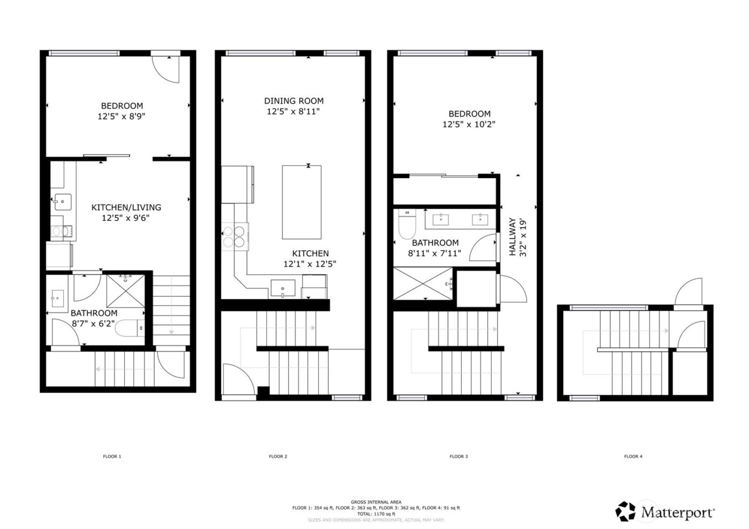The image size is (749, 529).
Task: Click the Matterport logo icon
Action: click(625, 511)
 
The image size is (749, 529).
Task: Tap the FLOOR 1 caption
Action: click(112, 457)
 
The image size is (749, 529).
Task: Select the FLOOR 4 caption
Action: click(633, 457)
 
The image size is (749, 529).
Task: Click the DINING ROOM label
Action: click(294, 101)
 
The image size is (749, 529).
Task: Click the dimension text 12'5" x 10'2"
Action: click(469, 125)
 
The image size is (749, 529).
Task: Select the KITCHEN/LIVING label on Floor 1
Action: click(126, 208)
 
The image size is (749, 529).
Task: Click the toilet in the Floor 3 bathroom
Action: click(407, 224)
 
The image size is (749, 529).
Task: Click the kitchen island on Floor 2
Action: click(302, 202)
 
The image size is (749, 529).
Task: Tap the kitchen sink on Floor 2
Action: click(282, 288)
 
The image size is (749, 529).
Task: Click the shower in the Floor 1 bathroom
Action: click(125, 290)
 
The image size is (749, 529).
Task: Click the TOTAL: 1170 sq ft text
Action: click(376, 514)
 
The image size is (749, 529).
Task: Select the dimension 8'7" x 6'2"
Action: click(94, 323)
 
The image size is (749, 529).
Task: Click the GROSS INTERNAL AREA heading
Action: click(376, 502)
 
